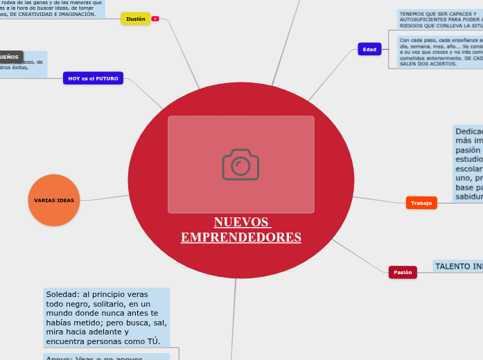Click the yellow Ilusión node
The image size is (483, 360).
pyautogui.click(x=135, y=19)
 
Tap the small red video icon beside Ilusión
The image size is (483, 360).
pyautogui.click(x=155, y=19)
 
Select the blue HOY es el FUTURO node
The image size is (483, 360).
pyautogui.click(x=93, y=79)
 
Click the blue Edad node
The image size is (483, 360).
pyautogui.click(x=369, y=49)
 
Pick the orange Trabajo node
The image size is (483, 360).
pyautogui.click(x=421, y=203)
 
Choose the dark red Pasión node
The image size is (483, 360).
pyautogui.click(x=403, y=272)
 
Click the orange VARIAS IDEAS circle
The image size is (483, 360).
pyautogui.click(x=54, y=200)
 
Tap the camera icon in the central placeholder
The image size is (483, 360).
pyautogui.click(x=240, y=165)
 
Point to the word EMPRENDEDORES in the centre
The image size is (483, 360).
pyautogui.click(x=240, y=237)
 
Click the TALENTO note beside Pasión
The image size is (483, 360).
pyautogui.click(x=458, y=266)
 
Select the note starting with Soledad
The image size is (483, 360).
pyautogui.click(x=106, y=317)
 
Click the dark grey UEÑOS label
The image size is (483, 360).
pyautogui.click(x=11, y=57)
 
